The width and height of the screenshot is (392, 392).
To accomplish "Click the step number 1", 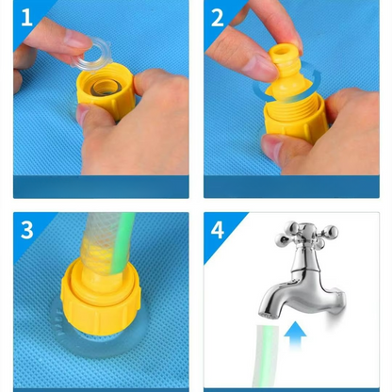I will pyautogui.click(x=25, y=18).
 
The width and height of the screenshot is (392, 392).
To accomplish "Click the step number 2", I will pyautogui.click(x=218, y=18).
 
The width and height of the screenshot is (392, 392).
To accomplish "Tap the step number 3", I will pyautogui.click(x=26, y=229).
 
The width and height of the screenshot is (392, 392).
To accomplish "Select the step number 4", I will pyautogui.click(x=218, y=229).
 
